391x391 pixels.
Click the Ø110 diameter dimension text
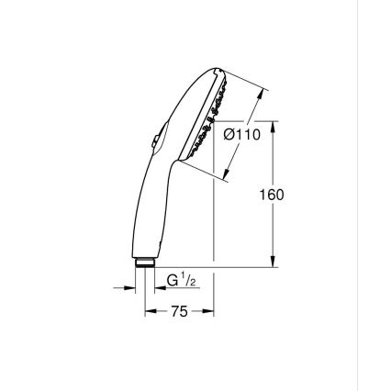click(x=243, y=135)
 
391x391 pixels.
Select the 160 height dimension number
click(x=272, y=195)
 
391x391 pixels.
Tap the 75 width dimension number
click(x=179, y=312)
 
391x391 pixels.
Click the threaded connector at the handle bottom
click(x=144, y=263)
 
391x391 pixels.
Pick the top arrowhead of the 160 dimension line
click(x=273, y=124)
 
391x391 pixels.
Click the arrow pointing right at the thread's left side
click(x=130, y=288)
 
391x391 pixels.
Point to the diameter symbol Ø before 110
click(x=229, y=135)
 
